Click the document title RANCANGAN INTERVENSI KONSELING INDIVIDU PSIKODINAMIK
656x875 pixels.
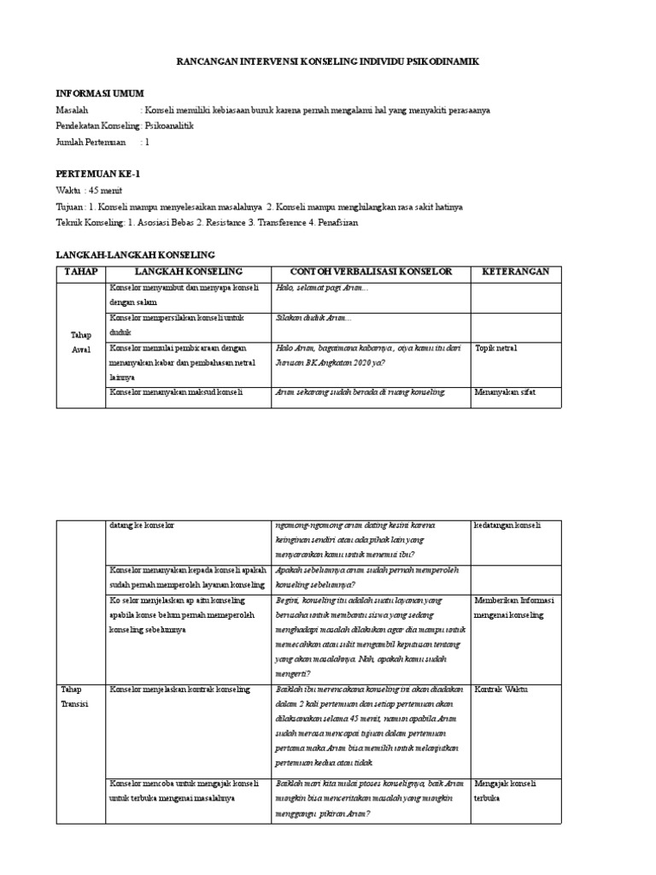tap(328, 62)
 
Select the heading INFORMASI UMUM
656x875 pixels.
tap(100, 93)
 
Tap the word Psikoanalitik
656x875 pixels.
tap(170, 126)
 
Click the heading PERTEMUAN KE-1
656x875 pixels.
tap(97, 173)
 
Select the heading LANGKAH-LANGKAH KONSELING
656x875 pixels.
tap(135, 255)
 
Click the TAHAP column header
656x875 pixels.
tap(81, 272)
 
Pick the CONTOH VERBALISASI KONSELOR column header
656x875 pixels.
tap(370, 272)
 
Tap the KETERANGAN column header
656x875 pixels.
tap(516, 272)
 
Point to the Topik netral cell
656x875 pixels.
tap(496, 348)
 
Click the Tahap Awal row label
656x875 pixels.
tap(80, 344)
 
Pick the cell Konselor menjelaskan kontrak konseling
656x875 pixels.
tap(179, 689)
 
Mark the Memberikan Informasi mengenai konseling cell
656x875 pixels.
tap(515, 608)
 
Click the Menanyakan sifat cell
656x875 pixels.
tap(504, 392)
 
